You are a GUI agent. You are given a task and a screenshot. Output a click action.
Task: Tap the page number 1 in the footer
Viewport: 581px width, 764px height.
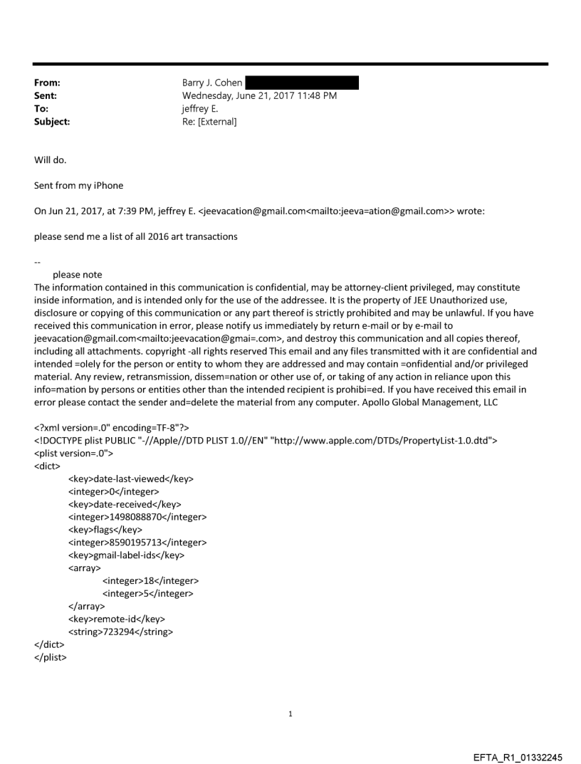coord(290,713)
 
